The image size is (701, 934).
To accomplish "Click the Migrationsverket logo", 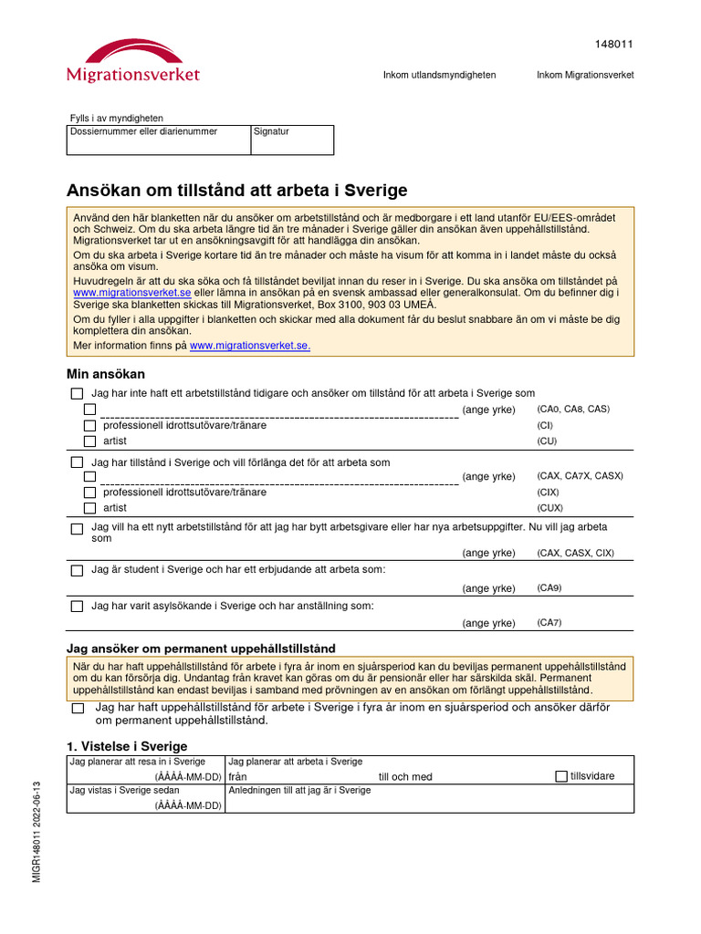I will [132, 61].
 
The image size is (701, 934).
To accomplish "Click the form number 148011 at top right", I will [614, 44].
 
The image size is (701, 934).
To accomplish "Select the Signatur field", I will [292, 140].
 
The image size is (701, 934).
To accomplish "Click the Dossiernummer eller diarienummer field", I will [158, 140].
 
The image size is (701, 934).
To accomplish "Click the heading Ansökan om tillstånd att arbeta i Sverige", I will [237, 191].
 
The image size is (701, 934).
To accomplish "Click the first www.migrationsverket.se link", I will [131, 293].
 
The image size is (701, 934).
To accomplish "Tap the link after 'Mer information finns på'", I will [249, 346].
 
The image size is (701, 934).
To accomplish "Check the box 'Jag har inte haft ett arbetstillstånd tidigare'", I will [77, 393].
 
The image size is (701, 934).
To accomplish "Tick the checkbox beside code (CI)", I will [89, 425].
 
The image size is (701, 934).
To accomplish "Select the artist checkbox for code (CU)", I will [89, 441].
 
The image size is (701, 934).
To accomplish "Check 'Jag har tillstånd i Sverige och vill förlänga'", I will [77, 462].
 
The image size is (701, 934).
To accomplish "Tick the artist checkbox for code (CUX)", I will [89, 508].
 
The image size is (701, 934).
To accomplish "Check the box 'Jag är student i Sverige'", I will [77, 570].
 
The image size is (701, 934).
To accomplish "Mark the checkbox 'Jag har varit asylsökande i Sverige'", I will [77, 606].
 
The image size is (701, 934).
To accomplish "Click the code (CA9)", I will [549, 588].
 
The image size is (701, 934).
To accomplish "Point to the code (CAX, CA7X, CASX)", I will [580, 476].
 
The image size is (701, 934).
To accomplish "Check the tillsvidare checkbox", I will [561, 776].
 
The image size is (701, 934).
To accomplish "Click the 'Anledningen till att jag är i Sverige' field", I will [429, 798].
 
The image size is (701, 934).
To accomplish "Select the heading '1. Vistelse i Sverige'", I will [127, 746].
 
